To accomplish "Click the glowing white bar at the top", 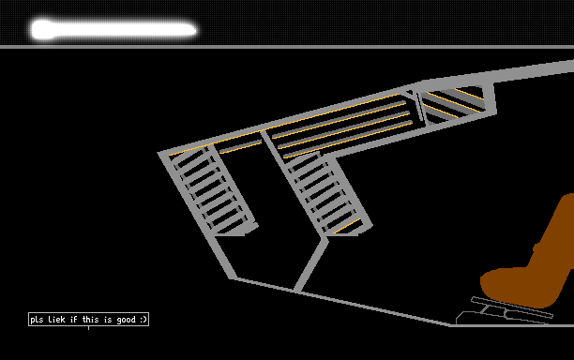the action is click(x=113, y=30).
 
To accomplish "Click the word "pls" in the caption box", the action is click(x=37, y=320).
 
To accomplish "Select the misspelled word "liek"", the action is click(x=56, y=320).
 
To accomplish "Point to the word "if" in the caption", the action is click(x=73, y=320).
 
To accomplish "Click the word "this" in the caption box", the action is click(x=90, y=320).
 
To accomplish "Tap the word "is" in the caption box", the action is click(x=108, y=320).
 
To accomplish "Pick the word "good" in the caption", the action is click(x=127, y=320).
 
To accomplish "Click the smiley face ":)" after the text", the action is click(x=143, y=320).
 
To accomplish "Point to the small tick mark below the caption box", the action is click(x=88, y=328).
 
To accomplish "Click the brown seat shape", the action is click(x=531, y=263).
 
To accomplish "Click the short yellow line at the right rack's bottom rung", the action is click(x=347, y=226).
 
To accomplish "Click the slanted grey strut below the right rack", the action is click(x=311, y=264).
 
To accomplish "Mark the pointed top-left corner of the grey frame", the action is click(x=159, y=152).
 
